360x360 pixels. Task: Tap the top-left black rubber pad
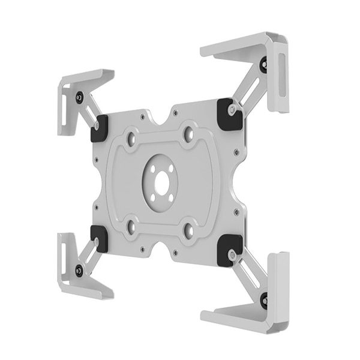[x=99, y=128]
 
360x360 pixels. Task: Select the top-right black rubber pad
[x=230, y=113]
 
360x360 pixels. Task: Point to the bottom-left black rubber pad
[x=98, y=238]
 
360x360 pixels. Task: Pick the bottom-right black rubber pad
[x=230, y=250]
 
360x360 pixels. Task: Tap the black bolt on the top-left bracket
[x=79, y=97]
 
